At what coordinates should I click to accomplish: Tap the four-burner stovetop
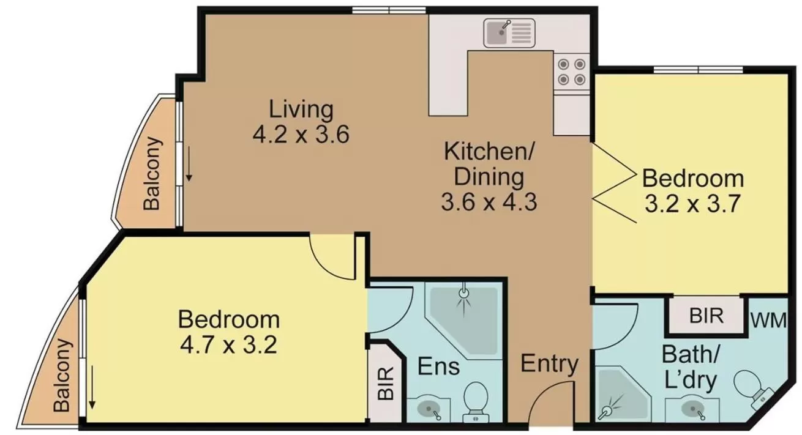click(571, 71)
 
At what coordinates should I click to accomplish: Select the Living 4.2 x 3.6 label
click(301, 122)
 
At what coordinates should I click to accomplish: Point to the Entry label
click(549, 364)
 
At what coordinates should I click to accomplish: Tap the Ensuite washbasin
click(428, 407)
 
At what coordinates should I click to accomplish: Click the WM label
click(768, 320)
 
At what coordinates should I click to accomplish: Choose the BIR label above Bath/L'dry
click(706, 316)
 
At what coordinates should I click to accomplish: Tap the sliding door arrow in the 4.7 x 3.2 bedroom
click(92, 387)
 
